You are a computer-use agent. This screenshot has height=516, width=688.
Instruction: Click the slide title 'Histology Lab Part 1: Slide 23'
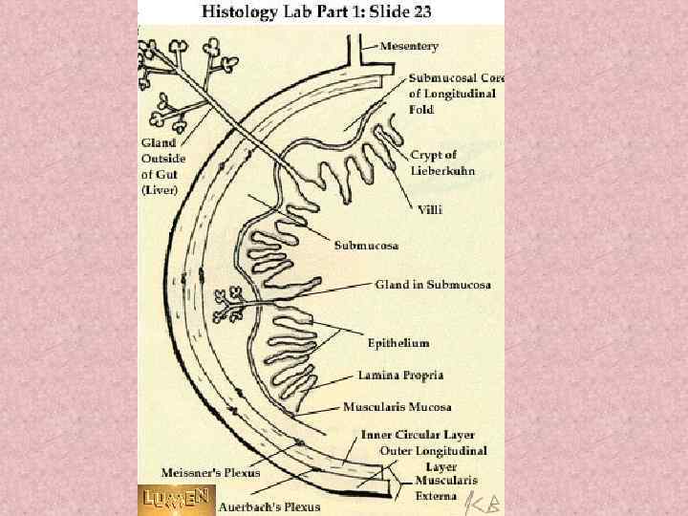pos(322,12)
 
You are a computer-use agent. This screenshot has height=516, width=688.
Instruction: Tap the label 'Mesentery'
pos(409,46)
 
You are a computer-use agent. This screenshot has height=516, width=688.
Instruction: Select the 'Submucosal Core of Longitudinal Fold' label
pos(455,94)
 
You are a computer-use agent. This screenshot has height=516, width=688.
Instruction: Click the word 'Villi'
pos(432,208)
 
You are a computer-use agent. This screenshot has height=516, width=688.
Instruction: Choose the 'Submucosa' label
pos(366,246)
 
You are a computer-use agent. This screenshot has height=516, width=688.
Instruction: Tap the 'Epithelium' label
pos(398,341)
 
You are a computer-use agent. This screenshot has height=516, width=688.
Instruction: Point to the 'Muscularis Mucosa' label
pos(404,406)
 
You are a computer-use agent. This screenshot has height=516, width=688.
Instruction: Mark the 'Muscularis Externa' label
pos(446,487)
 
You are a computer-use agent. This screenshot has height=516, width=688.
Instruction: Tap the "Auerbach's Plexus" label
pos(269,506)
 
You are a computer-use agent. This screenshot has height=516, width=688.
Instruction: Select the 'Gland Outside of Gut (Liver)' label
pos(163,165)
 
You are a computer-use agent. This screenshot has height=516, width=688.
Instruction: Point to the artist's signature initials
pos(483,501)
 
